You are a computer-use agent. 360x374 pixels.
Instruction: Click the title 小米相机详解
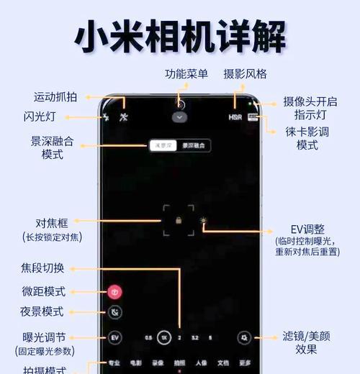tap(180, 36)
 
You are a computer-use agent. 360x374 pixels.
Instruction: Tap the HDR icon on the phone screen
tap(235, 116)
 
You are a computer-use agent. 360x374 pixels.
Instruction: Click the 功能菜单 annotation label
tap(186, 74)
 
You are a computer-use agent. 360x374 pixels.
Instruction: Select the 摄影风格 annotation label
tap(245, 74)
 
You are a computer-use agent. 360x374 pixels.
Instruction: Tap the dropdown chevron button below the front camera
tap(180, 117)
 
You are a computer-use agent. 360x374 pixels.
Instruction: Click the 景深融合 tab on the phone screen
tap(192, 145)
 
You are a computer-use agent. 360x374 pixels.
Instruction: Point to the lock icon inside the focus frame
tap(178, 220)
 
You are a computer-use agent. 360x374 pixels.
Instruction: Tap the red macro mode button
tap(114, 292)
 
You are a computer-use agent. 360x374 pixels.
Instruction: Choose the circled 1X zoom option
tap(164, 337)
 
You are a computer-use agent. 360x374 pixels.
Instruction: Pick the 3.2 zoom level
tap(195, 337)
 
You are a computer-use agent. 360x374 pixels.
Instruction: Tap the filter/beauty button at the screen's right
tap(245, 337)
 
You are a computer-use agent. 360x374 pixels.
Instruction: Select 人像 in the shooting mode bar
tap(201, 363)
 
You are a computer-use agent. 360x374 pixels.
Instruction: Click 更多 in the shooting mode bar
tap(246, 363)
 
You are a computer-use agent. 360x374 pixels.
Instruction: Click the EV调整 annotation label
tap(300, 229)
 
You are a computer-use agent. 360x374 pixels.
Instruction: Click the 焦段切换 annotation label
tap(42, 268)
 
